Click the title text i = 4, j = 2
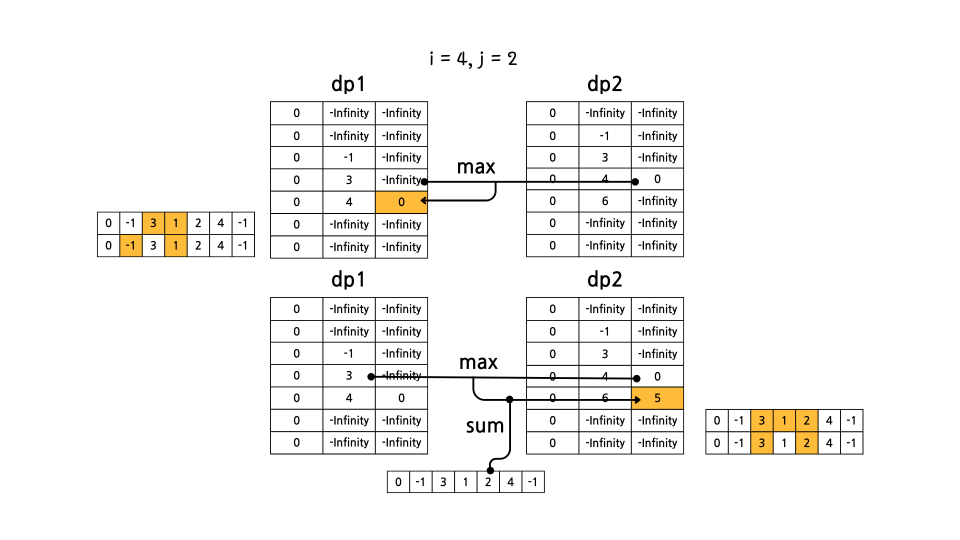(473, 59)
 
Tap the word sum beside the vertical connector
(484, 426)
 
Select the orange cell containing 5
(657, 398)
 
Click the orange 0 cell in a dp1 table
(401, 202)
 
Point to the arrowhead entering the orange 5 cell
(637, 399)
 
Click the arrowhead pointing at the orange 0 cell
(424, 200)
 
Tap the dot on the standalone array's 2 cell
(490, 470)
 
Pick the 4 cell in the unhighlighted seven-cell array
(510, 482)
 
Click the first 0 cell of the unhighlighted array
(398, 482)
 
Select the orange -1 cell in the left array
(130, 245)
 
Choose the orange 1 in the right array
(784, 420)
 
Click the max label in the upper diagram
(475, 167)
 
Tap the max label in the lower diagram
(478, 362)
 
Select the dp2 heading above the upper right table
(604, 84)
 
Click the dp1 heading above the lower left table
(348, 279)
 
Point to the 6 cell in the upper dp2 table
(605, 201)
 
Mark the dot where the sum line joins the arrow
(509, 399)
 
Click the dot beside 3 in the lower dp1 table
(371, 376)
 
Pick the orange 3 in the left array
(153, 223)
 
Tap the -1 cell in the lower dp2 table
(605, 331)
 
